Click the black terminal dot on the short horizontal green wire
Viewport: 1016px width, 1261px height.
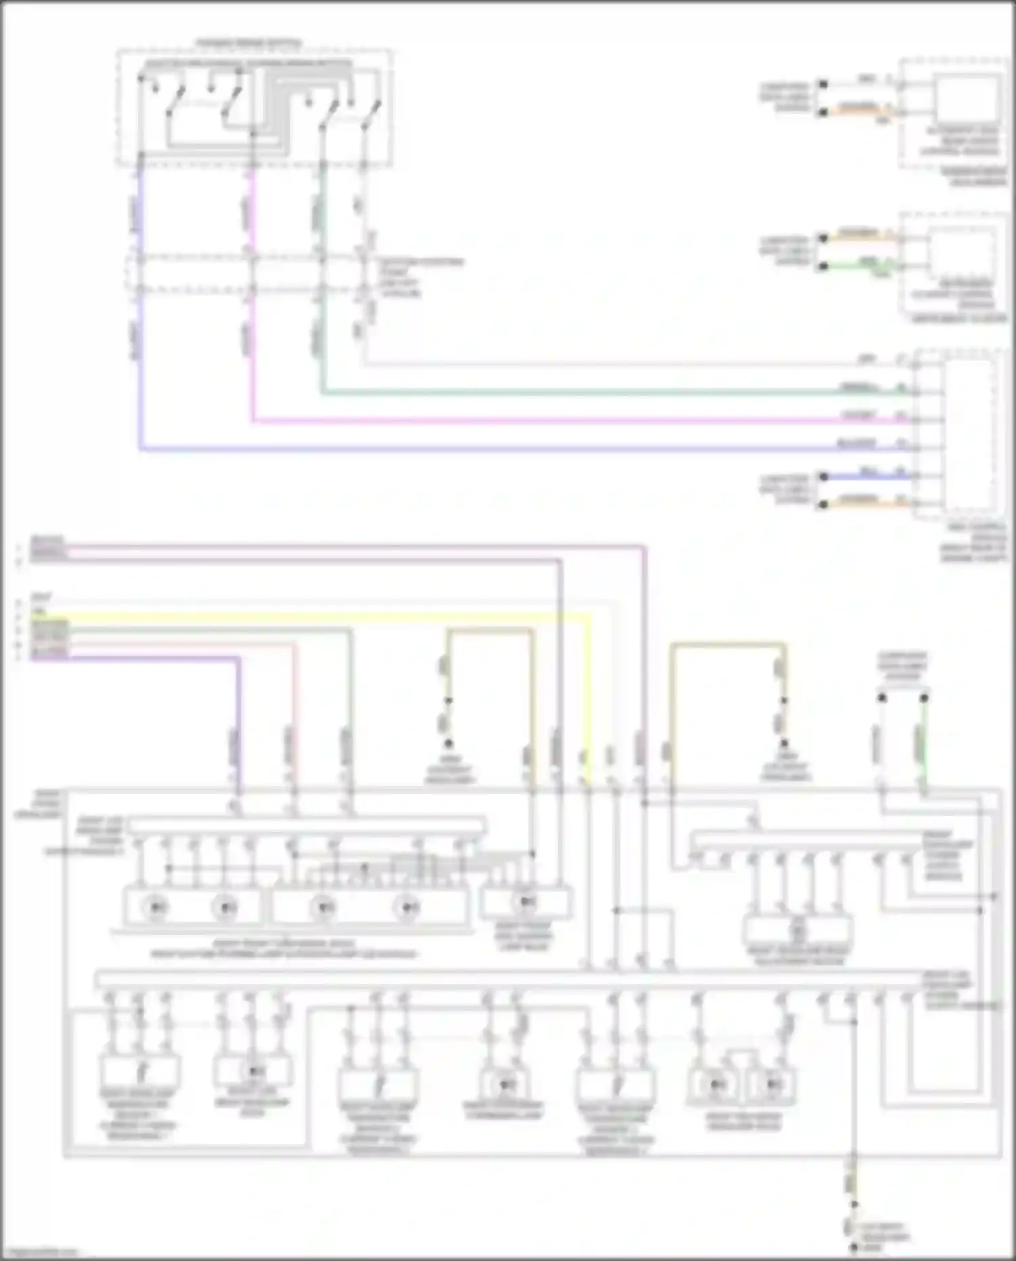click(x=823, y=266)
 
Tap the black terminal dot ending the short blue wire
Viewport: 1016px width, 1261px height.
click(x=824, y=476)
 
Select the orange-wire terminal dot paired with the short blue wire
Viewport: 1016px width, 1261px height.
click(x=824, y=505)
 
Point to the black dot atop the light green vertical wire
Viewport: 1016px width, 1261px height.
click(x=924, y=697)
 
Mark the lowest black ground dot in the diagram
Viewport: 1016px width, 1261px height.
click(x=854, y=1247)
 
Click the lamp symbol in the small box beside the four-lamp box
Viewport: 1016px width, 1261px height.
click(x=526, y=902)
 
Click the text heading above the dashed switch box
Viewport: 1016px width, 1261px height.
click(x=249, y=43)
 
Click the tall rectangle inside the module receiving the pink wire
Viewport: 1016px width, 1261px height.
click(x=971, y=434)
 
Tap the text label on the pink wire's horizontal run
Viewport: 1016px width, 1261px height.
click(x=858, y=415)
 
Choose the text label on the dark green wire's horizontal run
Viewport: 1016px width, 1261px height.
click(x=858, y=388)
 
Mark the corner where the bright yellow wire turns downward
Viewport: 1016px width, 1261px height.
click(x=588, y=616)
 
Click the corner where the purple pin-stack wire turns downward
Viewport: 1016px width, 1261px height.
click(x=238, y=657)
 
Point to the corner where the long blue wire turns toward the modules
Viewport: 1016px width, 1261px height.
click(x=140, y=449)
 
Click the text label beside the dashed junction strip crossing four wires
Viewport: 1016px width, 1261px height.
click(x=420, y=277)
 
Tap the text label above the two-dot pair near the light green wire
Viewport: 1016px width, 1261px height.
click(x=902, y=665)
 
